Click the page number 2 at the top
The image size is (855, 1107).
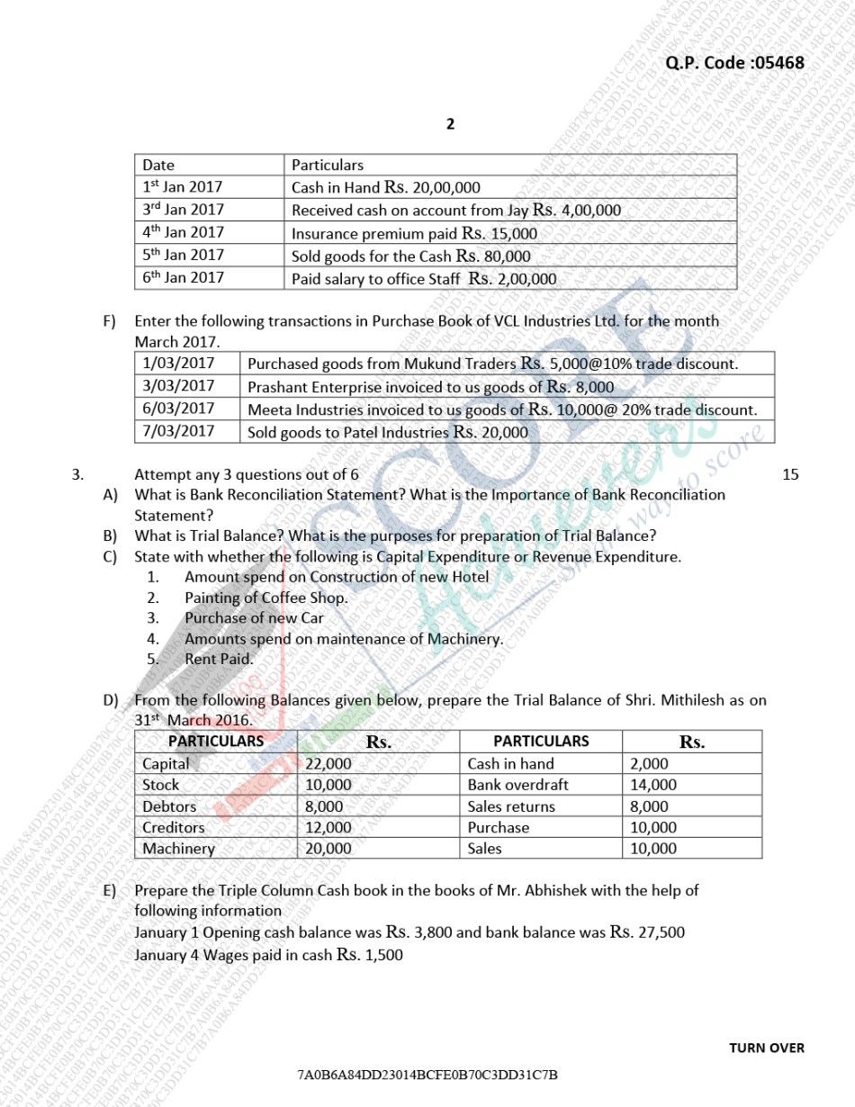click(450, 124)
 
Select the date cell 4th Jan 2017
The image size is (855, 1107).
click(183, 232)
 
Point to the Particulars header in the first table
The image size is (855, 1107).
click(328, 165)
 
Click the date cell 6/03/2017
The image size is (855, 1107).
click(179, 408)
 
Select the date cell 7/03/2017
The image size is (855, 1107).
click(179, 430)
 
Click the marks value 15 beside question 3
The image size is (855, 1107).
click(790, 474)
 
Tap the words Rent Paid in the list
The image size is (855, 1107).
click(219, 659)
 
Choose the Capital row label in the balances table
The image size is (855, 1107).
click(166, 763)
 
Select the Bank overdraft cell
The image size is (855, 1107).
click(517, 785)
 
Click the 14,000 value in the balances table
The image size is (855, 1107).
click(653, 785)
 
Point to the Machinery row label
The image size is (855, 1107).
click(179, 848)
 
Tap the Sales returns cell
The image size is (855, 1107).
click(511, 806)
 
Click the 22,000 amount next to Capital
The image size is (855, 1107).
click(328, 763)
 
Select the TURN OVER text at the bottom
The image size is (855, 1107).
click(767, 1048)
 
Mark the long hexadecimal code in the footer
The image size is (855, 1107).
click(428, 1075)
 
